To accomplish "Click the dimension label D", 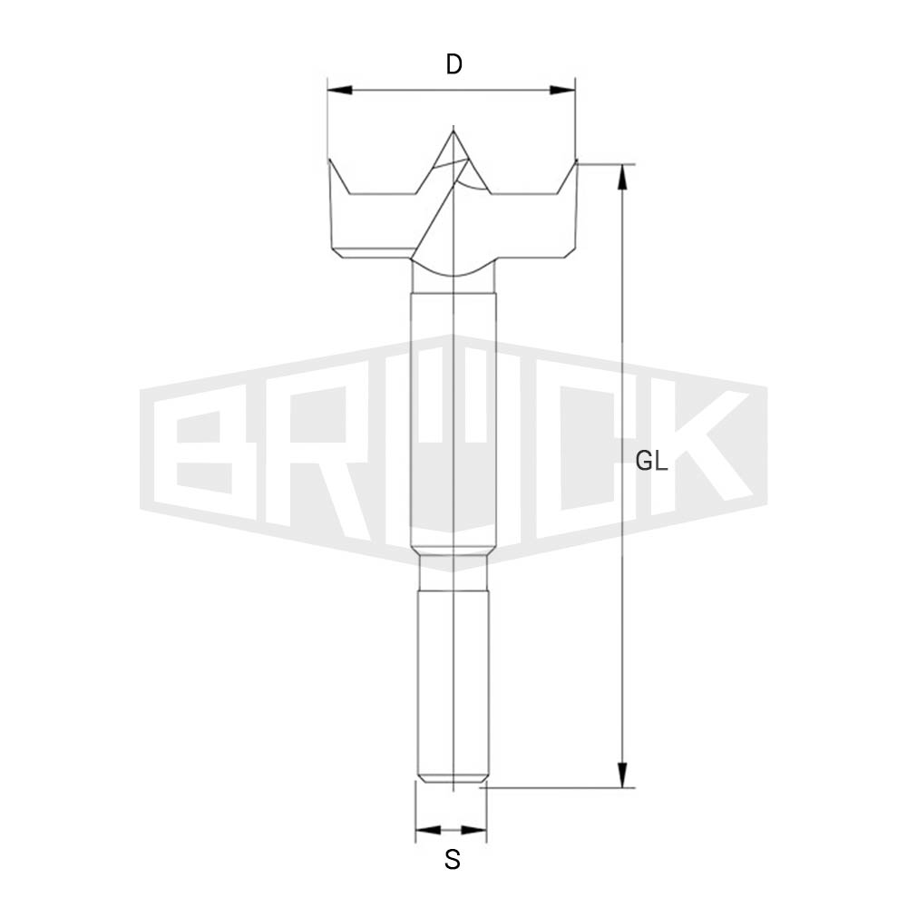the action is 454,64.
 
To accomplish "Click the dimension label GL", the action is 651,461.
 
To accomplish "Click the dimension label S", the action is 453,860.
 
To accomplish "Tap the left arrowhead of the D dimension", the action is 340,90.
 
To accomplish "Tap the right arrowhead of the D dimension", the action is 562,90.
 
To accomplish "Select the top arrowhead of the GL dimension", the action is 622,177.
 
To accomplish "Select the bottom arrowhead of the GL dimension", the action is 622,775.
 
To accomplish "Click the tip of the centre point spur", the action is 453,132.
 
